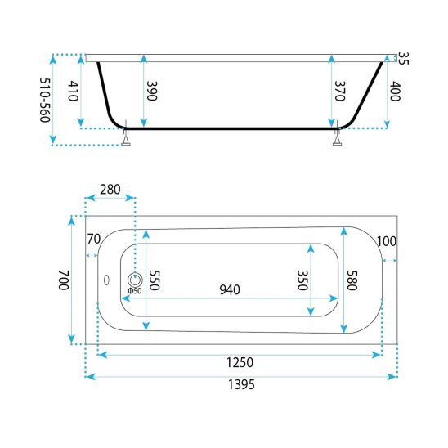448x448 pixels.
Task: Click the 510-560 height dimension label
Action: coord(45,100)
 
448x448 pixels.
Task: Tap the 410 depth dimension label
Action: coord(73,91)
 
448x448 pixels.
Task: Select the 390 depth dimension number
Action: coord(151,91)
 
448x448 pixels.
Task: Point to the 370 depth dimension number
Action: coord(340,91)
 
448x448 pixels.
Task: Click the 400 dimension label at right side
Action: coord(395,91)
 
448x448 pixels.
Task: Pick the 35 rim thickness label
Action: coord(403,58)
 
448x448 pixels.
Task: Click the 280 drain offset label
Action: coord(110,190)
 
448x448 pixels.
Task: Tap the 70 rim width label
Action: coord(94,239)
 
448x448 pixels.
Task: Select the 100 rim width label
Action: coord(387,241)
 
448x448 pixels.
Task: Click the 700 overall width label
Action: coord(64,280)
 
